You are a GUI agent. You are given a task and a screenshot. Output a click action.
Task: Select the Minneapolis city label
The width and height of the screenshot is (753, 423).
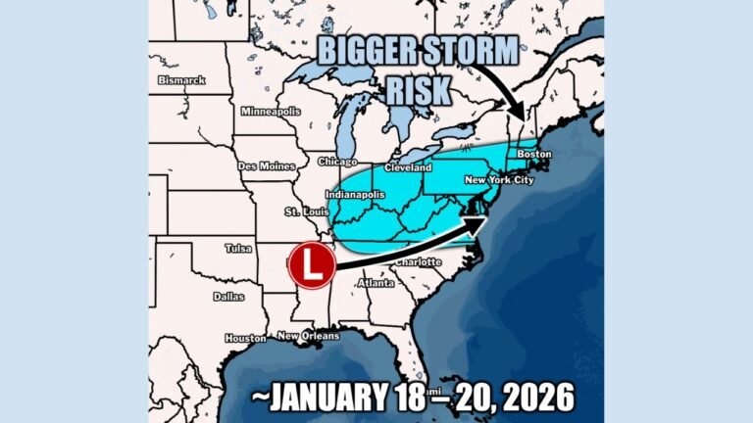pos(270,111)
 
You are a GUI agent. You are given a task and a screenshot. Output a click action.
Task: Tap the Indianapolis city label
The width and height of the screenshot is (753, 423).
pos(355,194)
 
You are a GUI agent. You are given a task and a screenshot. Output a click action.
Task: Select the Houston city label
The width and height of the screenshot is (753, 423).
pos(245,338)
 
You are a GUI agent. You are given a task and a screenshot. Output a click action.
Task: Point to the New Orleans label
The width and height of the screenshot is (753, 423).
pos(308,336)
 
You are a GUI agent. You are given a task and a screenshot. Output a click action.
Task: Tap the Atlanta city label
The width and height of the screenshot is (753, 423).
pos(376,283)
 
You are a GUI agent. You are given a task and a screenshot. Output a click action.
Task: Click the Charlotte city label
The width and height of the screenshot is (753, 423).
pos(419,262)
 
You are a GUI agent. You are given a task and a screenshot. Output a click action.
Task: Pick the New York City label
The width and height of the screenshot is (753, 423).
pos(500,180)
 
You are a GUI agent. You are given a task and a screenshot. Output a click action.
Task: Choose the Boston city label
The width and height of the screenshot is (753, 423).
pos(534,155)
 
